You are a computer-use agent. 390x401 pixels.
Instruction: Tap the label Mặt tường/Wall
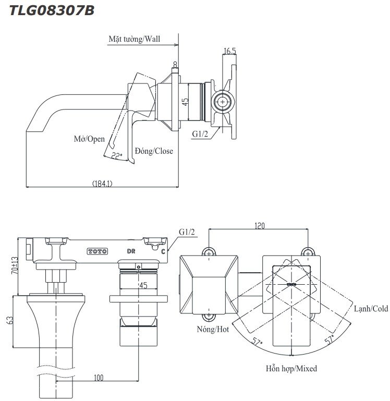click(134, 39)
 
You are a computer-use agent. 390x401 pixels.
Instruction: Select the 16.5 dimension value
click(230, 51)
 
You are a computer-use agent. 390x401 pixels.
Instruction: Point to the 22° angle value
click(116, 154)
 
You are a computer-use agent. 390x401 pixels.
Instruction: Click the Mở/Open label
click(89, 139)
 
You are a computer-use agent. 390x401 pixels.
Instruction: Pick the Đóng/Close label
click(154, 151)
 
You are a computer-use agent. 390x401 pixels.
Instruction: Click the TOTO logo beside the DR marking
click(97, 251)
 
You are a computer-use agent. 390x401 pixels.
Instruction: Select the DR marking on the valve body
click(132, 251)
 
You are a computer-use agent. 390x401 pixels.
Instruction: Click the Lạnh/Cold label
click(371, 309)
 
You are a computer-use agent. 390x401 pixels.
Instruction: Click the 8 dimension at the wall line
click(175, 64)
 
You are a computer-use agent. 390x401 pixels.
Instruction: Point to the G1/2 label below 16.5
click(200, 134)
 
